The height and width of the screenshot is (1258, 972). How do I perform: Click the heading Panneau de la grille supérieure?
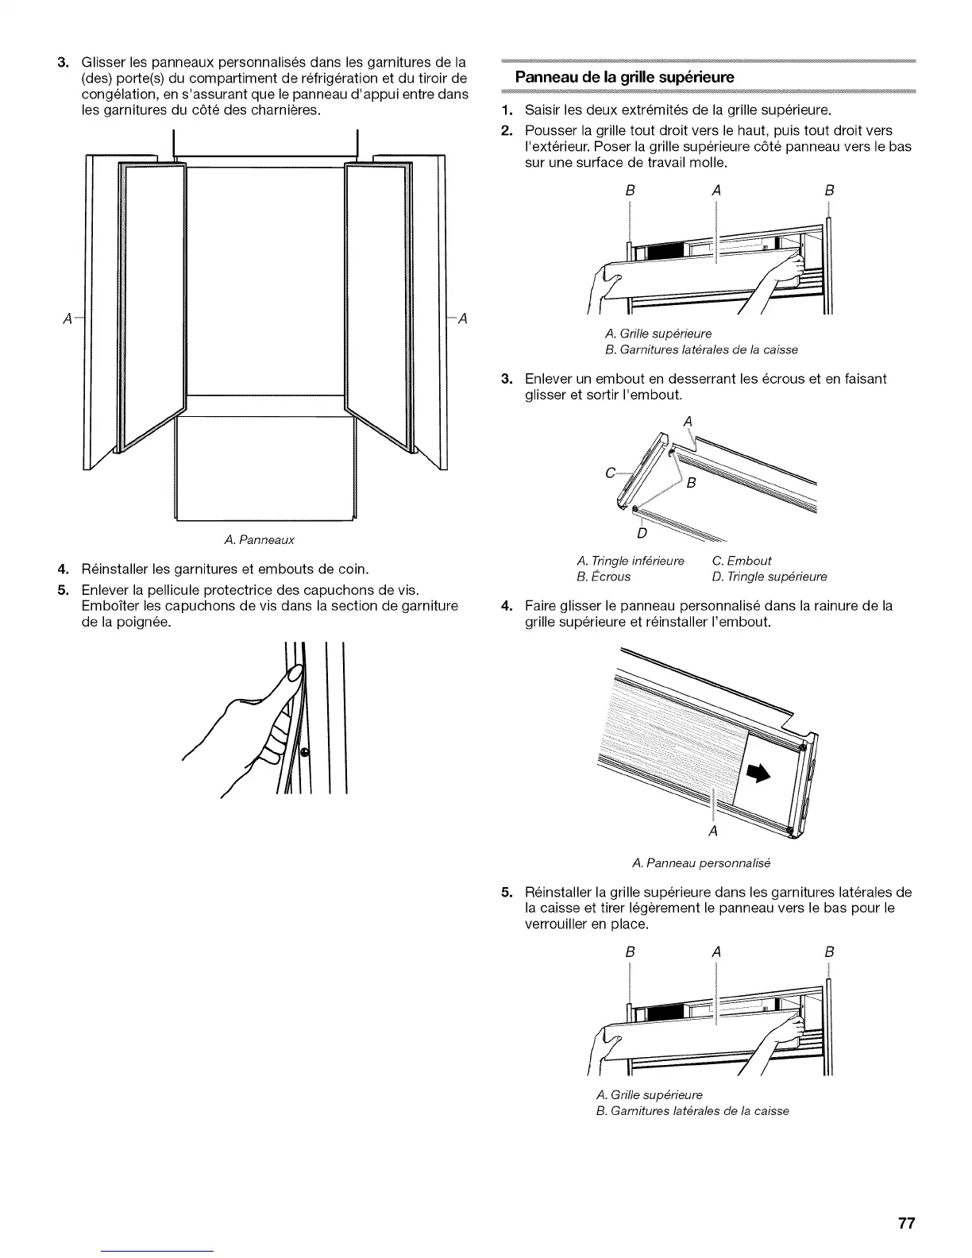[625, 77]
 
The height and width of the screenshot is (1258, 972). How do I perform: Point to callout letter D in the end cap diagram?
[642, 531]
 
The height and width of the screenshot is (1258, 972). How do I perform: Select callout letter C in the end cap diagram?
[610, 474]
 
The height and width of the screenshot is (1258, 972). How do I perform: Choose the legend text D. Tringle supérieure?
[765, 576]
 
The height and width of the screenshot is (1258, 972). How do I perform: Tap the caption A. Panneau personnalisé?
[702, 862]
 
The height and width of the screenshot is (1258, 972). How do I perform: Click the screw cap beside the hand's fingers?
[306, 751]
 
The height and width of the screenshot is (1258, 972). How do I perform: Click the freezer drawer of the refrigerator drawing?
[264, 469]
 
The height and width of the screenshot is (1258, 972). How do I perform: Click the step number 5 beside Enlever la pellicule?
[61, 589]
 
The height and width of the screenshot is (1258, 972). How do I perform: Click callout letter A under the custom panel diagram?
[713, 832]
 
